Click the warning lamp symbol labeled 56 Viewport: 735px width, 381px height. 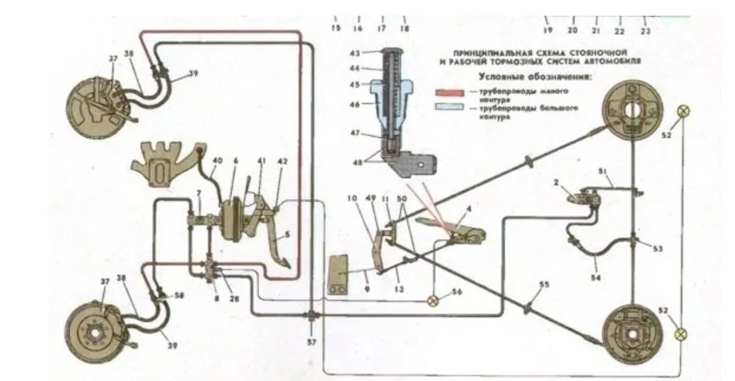[x=432, y=301]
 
